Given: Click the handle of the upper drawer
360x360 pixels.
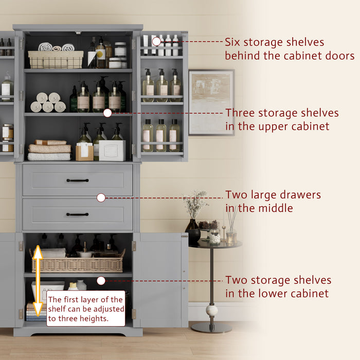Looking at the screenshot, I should point(77,181).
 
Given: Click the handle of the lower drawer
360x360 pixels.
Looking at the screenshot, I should point(77,214).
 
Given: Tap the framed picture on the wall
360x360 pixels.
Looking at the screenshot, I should point(211,102).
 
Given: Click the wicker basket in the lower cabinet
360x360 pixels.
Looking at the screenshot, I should point(78,263).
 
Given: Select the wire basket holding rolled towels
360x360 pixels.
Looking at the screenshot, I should point(56,59).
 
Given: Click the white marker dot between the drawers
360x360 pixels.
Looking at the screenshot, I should point(101,197).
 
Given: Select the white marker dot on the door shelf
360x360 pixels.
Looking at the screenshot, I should point(156,41).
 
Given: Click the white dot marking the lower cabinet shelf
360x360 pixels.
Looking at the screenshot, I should point(101,281).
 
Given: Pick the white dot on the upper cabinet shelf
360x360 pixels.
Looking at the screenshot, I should point(107,113).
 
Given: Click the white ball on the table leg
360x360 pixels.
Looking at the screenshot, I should point(212,310).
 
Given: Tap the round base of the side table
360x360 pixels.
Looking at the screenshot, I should point(211,328).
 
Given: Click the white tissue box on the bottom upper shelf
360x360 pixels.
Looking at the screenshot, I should point(113,150).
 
